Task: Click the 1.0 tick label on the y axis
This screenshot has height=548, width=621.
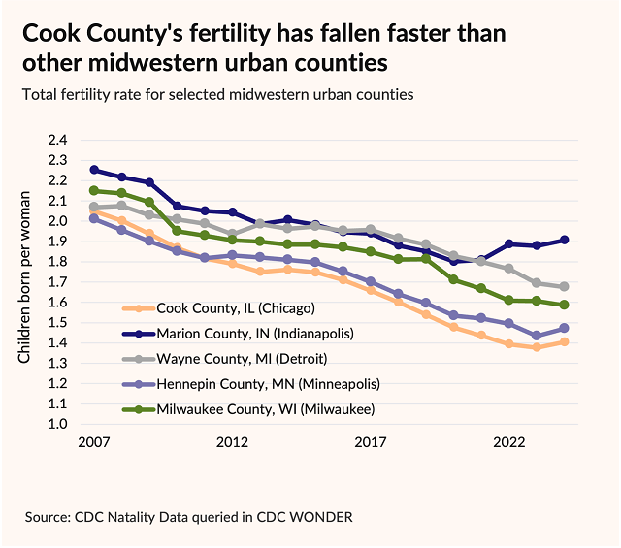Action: coord(58,425)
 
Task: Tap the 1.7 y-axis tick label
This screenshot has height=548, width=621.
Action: coord(58,282)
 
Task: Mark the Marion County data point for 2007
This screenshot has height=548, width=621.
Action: coord(93,170)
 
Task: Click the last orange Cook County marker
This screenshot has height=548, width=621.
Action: coord(565,341)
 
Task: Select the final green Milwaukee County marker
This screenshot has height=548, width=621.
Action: coord(565,305)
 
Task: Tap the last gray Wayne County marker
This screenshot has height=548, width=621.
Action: coord(565,287)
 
